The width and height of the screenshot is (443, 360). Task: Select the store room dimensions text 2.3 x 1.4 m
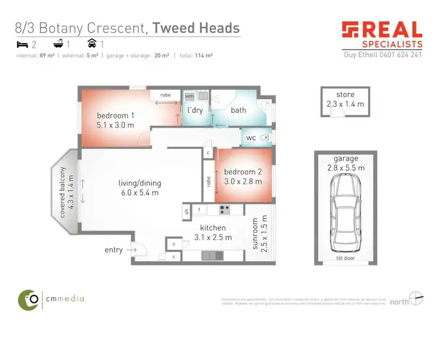click(x=345, y=104)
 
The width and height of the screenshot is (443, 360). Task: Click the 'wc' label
click(x=252, y=137)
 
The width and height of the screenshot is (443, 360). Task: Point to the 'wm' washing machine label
click(x=190, y=96)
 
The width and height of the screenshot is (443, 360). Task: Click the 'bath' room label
click(x=238, y=110)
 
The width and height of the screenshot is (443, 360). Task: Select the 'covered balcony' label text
click(x=62, y=192)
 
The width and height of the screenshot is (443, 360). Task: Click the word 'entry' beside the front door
click(x=113, y=250)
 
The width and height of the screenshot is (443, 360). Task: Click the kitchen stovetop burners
click(x=224, y=209)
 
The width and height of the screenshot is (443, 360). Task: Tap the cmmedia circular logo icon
click(x=28, y=299)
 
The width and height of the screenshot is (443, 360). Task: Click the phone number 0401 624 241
click(x=402, y=54)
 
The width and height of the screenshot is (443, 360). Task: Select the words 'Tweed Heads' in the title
click(x=196, y=27)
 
